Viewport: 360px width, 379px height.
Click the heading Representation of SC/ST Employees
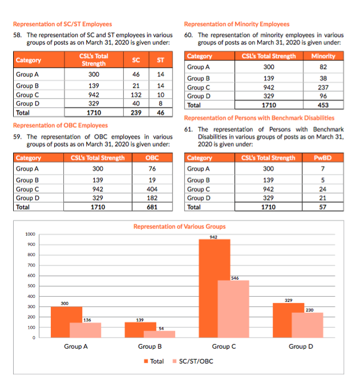(x=62, y=24)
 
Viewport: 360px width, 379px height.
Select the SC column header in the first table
(x=136, y=59)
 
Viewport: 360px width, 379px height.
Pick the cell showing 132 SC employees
(x=136, y=95)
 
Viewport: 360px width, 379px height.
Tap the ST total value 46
(x=160, y=113)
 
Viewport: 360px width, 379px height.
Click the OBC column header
(x=152, y=158)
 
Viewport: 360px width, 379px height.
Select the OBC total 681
(x=152, y=207)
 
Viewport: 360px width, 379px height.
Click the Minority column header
(x=323, y=56)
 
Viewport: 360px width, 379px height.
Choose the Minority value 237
(x=323, y=87)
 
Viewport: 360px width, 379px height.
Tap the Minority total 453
(x=323, y=105)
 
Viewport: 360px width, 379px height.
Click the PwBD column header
(x=323, y=158)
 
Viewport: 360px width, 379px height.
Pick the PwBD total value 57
(x=323, y=207)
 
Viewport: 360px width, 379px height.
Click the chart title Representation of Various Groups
(x=179, y=227)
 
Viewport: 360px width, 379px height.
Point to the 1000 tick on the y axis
(x=31, y=234)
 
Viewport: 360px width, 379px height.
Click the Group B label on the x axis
(x=149, y=346)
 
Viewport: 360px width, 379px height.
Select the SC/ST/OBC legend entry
(x=192, y=361)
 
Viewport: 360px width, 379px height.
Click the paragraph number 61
(x=189, y=129)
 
